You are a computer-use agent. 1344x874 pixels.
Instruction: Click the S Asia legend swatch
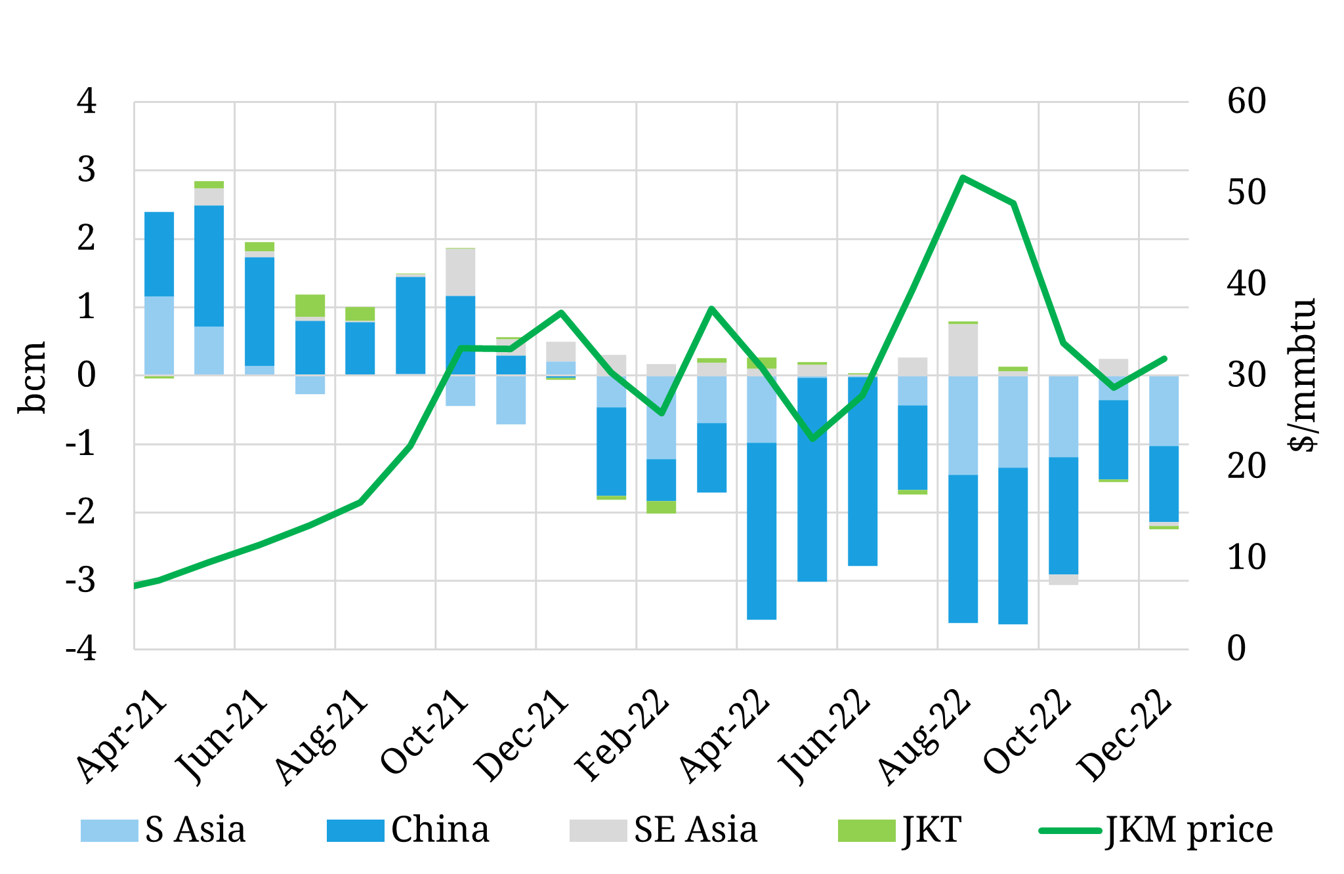click(109, 831)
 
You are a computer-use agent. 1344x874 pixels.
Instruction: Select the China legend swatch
click(355, 831)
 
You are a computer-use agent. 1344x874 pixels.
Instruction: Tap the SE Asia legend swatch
click(598, 831)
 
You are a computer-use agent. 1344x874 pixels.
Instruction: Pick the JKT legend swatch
click(866, 831)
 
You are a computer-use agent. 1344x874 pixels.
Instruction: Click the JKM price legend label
click(1189, 831)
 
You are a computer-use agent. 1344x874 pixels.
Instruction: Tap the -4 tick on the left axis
click(81, 649)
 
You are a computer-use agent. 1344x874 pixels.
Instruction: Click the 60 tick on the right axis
click(1246, 102)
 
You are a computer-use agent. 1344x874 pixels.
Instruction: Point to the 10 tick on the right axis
click(1246, 557)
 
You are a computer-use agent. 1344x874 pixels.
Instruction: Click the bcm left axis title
click(31, 377)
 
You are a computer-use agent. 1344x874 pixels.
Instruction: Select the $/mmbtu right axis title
click(1303, 375)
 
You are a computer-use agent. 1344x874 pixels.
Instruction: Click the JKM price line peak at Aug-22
click(962, 178)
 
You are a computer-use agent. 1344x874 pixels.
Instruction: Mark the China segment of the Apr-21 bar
click(159, 254)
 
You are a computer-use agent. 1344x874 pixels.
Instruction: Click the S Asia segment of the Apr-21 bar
click(159, 335)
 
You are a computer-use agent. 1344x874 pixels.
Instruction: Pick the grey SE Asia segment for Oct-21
click(460, 272)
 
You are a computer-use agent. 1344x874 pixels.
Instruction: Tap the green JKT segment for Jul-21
click(310, 306)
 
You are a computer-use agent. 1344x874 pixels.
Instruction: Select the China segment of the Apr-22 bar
click(761, 531)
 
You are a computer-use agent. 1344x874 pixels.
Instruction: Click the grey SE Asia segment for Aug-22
click(963, 349)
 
